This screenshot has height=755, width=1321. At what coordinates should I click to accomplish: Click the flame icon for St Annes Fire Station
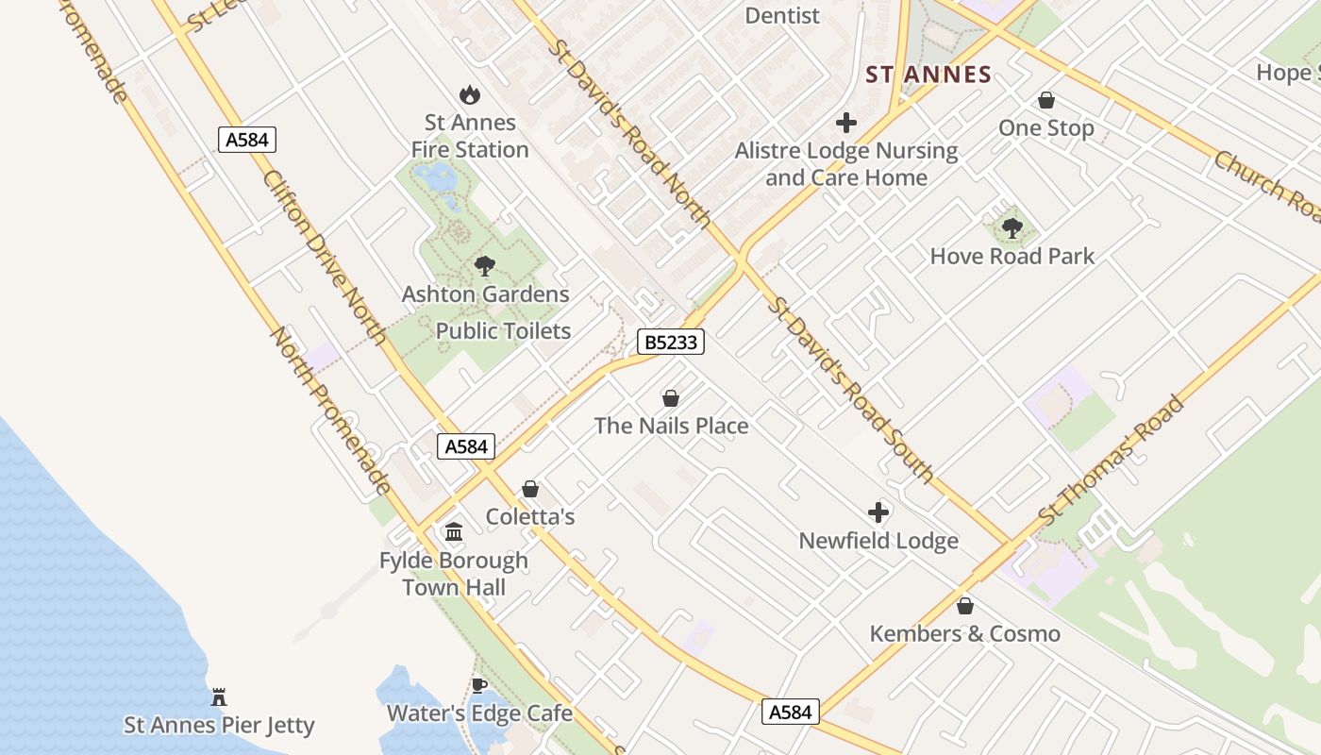coord(469,94)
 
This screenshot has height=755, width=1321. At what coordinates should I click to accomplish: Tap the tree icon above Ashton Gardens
coord(485,266)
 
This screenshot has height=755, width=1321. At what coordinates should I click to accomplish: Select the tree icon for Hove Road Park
coord(1012,228)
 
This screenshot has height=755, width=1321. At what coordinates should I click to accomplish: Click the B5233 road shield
coord(671,342)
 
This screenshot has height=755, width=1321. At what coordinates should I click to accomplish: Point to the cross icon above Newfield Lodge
coord(878,512)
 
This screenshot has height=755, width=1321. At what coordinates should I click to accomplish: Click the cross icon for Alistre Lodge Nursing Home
coord(846,123)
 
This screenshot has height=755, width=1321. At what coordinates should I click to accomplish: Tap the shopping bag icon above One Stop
coord(1045,100)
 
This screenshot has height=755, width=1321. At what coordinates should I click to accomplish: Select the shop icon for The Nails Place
coord(671,398)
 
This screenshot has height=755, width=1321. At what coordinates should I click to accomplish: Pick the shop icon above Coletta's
coord(530,489)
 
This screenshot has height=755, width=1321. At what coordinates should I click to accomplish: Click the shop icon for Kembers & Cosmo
coord(964,606)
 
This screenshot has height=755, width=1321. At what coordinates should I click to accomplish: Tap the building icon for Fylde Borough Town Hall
coord(454,532)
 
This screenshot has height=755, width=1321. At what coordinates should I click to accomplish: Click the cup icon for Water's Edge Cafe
coord(479,685)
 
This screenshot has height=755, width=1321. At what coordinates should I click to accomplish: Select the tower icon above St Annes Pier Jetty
coord(219,697)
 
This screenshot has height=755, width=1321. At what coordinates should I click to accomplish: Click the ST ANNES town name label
coord(928,75)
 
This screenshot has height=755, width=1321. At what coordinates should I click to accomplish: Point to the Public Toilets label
coord(503,330)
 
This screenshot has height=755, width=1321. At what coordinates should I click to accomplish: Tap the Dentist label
coord(782,15)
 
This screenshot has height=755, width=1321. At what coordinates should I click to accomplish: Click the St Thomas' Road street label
coord(1111,461)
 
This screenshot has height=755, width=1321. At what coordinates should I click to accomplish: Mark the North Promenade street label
coord(331,411)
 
